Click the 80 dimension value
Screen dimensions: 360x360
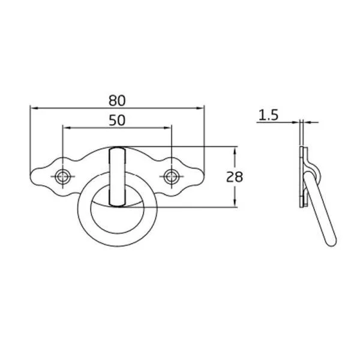(117, 101)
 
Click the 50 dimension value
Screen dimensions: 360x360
(117, 121)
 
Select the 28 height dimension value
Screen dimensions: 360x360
(235, 177)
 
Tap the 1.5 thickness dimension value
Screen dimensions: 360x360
(268, 115)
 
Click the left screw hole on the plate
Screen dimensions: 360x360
(62, 176)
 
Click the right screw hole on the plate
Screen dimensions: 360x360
(171, 176)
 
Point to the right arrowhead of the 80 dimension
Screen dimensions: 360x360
(200, 108)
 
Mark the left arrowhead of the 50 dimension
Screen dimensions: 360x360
(67, 128)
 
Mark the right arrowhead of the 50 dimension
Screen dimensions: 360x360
(167, 128)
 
